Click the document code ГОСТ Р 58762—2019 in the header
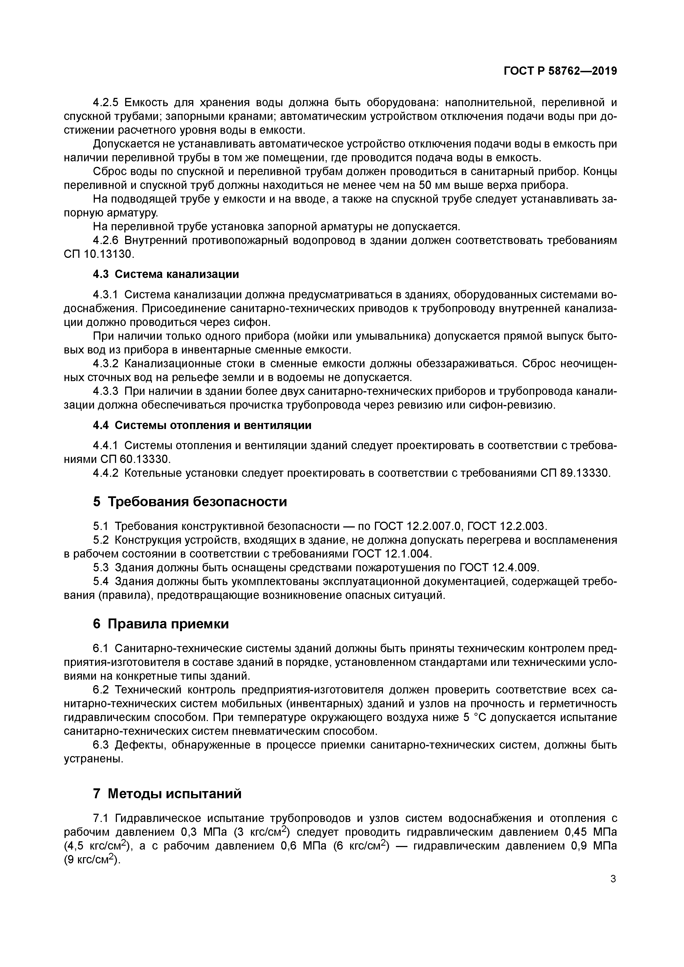pos(560,71)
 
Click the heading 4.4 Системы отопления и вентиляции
pos(202,425)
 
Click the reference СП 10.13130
pos(100,255)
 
